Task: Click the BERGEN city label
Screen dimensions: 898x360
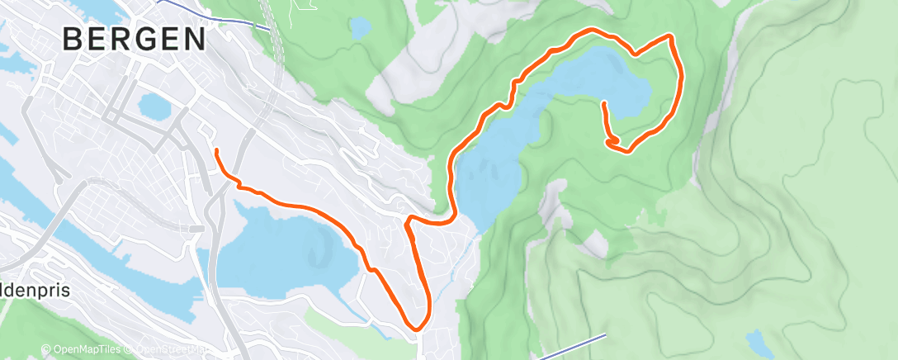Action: (x=135, y=39)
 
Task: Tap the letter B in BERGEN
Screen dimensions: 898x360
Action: (x=72, y=39)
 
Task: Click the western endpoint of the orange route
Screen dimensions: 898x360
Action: (x=216, y=151)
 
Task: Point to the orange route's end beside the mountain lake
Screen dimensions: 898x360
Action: (x=604, y=104)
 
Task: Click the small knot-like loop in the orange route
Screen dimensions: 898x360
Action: (x=613, y=144)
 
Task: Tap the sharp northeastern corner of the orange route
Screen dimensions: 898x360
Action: (x=669, y=36)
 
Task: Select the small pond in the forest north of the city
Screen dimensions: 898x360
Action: (x=359, y=27)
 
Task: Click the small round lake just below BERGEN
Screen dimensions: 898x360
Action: (x=152, y=105)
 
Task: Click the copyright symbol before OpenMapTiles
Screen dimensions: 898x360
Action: (x=48, y=350)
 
